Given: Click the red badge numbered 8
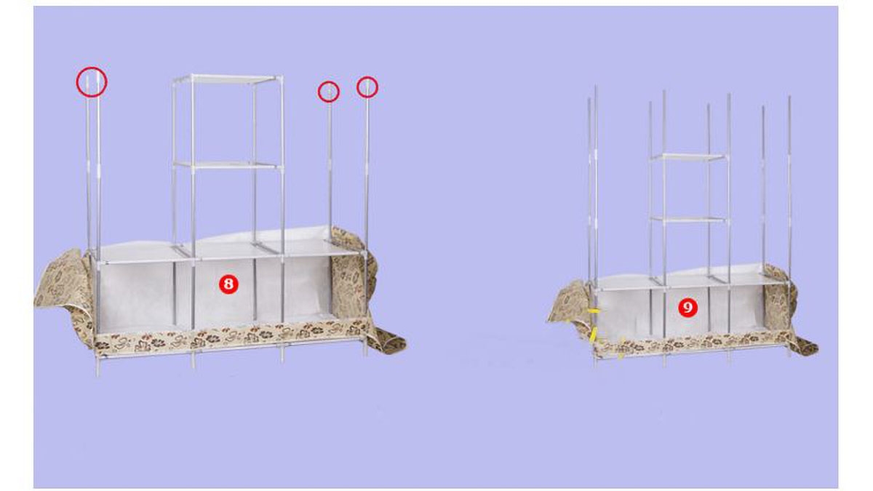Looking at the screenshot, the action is click(228, 284).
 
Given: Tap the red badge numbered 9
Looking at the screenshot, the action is click(687, 308).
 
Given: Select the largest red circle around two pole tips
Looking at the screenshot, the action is click(92, 81).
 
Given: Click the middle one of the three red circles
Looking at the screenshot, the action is click(329, 92).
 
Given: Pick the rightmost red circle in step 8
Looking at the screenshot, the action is click(367, 87).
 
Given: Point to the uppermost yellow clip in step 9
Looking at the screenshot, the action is click(594, 311).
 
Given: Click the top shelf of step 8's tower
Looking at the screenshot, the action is click(228, 79).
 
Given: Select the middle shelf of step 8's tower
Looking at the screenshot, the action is click(228, 165).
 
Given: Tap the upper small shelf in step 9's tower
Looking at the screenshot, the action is click(689, 157).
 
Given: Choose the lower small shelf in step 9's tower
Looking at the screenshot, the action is click(689, 220).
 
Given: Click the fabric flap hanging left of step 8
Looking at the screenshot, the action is click(64, 288).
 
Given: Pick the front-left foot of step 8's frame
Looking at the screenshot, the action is click(97, 367).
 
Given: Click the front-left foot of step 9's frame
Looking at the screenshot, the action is click(596, 362).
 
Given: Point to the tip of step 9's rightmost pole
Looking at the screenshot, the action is click(789, 97).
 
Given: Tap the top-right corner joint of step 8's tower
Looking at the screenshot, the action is click(281, 78).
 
